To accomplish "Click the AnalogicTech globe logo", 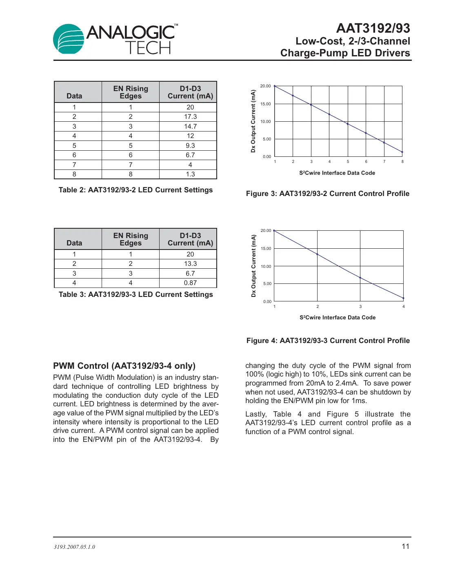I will [x=69, y=39].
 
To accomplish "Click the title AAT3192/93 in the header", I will [x=373, y=28].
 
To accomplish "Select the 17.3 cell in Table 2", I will [x=190, y=117].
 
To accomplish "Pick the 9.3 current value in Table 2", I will [x=190, y=145].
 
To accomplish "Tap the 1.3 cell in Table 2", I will [x=190, y=174].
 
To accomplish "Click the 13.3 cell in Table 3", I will [x=190, y=264].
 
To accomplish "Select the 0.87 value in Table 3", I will [x=190, y=283].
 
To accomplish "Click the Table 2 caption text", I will [x=136, y=190].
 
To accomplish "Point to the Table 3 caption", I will [x=136, y=294].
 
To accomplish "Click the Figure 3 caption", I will [x=327, y=194].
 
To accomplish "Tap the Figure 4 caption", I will [x=328, y=341].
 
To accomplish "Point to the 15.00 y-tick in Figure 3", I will [x=265, y=104].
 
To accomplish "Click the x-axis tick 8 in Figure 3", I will [x=402, y=162].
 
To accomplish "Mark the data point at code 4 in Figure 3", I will [x=329, y=114].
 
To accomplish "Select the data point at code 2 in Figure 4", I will [x=318, y=254].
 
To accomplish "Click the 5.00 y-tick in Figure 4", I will [x=267, y=284].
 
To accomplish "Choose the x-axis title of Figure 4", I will [x=338, y=317].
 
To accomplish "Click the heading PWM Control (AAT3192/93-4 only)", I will [x=124, y=366].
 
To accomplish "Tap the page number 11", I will [x=405, y=546].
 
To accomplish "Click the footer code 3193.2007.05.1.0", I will [x=74, y=547].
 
